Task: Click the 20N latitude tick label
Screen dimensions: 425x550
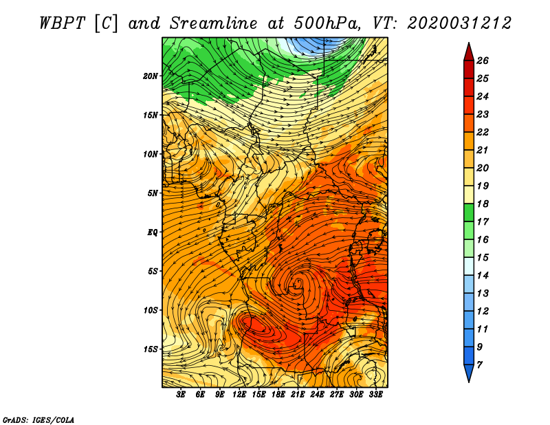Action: click(151, 76)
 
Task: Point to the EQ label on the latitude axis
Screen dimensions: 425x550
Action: click(153, 232)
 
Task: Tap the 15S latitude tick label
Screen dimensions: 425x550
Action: click(151, 349)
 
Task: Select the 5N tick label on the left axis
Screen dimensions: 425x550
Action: click(153, 193)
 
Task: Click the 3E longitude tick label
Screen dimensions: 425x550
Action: click(181, 395)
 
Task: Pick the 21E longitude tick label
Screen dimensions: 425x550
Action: click(298, 395)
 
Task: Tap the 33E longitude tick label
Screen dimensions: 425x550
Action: click(375, 395)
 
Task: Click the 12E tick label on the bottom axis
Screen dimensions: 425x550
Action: click(240, 395)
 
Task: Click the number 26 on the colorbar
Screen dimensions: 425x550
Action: click(492, 61)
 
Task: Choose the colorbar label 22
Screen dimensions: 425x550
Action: click(492, 132)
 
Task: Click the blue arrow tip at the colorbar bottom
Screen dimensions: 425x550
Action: click(468, 373)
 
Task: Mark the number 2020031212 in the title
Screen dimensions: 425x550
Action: click(459, 23)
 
